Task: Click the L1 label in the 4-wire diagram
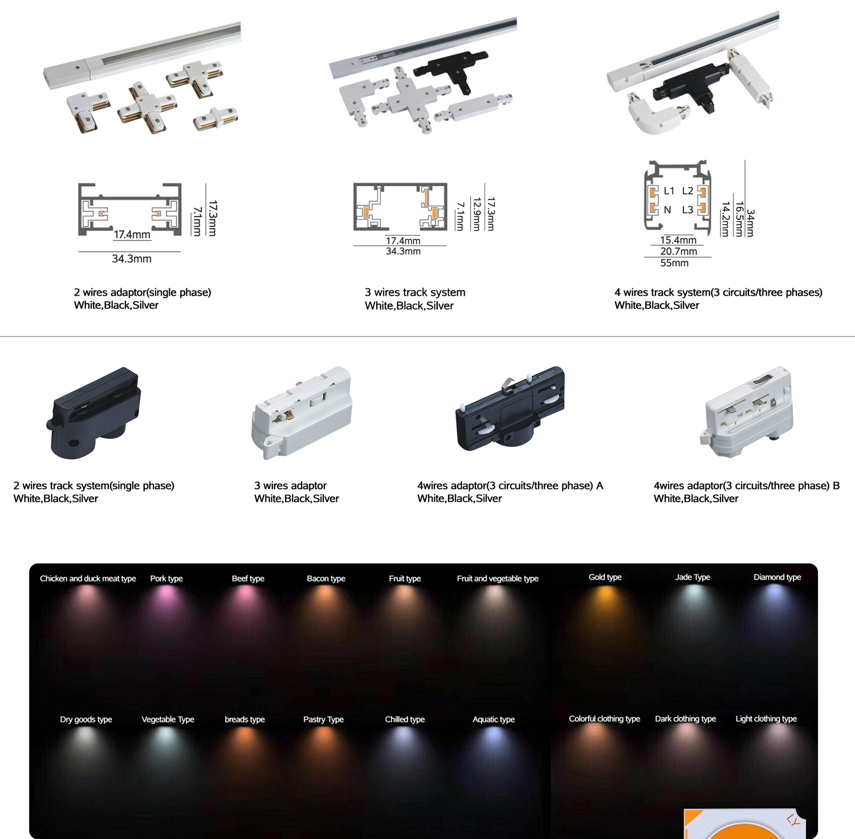coord(669,191)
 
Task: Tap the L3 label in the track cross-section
coord(687,210)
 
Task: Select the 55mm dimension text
coord(674,263)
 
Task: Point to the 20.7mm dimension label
coord(678,251)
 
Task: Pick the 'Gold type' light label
coord(605,577)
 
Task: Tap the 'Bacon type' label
coord(326,579)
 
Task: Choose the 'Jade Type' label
coord(693,577)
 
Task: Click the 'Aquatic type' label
coord(493,719)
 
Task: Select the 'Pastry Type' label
coord(323,719)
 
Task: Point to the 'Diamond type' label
coord(777,577)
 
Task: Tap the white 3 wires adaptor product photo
coord(302,412)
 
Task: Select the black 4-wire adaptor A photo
coord(510,409)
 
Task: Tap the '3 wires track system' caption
coord(415,292)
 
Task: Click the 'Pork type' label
coord(166,579)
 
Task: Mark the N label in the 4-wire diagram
coord(667,210)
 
